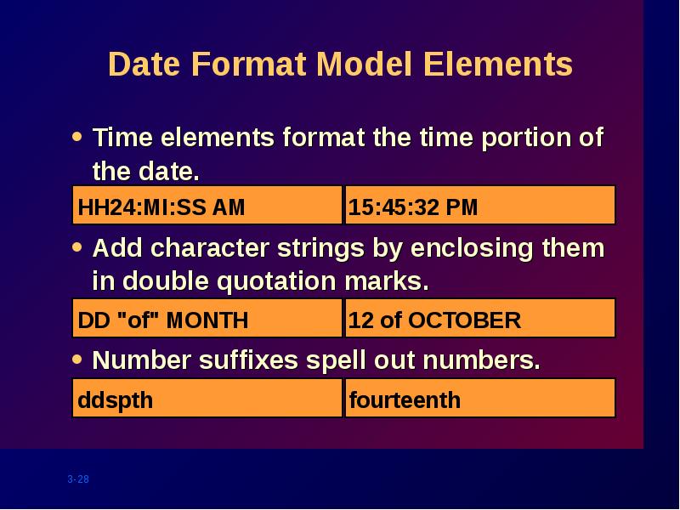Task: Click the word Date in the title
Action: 144,65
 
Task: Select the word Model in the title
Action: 364,65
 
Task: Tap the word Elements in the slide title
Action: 498,65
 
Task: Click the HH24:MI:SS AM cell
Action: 207,205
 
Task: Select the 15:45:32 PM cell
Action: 480,205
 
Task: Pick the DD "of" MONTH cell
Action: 207,318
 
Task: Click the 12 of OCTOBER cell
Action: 480,318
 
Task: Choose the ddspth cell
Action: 207,398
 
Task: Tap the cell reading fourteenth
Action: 480,398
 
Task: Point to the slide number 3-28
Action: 78,479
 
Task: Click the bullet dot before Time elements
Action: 77,137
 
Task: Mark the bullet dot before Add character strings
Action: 77,247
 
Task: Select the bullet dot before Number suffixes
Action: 77,359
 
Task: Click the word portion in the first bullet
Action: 525,139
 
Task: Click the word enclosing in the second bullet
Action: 472,249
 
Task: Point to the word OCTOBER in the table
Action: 464,320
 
